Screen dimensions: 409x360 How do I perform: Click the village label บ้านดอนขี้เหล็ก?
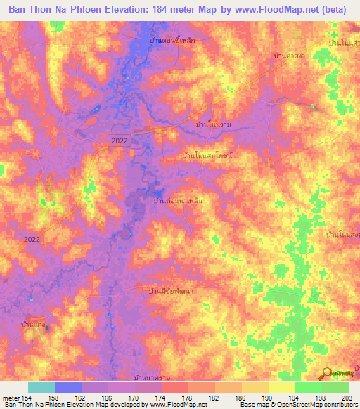click(x=172, y=41)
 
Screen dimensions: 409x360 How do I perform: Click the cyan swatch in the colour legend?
click(x=41, y=388)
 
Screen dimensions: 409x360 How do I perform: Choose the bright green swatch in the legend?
click(x=308, y=388)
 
